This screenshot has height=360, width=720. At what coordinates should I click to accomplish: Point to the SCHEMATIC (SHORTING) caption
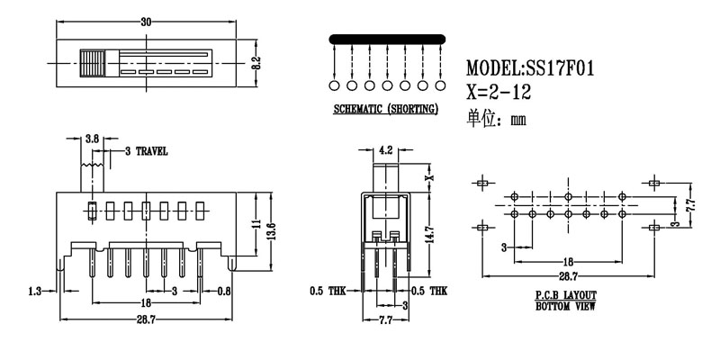385,110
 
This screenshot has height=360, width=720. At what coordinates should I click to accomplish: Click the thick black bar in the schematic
387,39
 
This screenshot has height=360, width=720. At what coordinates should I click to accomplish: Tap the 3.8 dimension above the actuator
92,139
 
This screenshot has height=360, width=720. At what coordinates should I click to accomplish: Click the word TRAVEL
151,152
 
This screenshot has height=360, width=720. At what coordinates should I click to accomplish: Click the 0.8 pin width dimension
223,291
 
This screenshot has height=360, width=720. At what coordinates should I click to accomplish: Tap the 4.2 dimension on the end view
385,150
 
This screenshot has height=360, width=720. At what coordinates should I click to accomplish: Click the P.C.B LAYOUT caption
565,296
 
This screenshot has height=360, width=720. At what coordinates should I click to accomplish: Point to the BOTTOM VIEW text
565,307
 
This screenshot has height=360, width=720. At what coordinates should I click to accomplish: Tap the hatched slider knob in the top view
91,63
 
